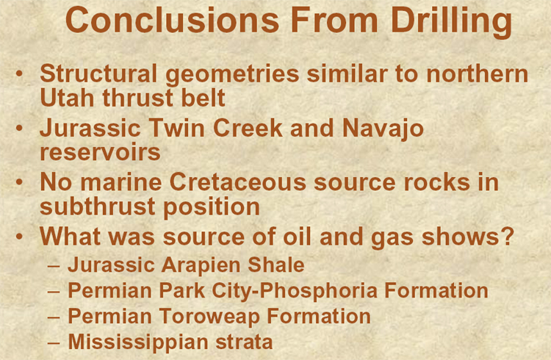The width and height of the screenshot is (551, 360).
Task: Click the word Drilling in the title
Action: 451,22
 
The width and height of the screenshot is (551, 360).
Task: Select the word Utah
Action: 67,98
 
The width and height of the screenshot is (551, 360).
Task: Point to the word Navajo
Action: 383,129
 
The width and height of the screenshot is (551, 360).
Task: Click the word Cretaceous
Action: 238,182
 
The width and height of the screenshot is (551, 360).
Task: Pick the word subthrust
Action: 97,206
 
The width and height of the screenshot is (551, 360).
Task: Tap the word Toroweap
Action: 209,317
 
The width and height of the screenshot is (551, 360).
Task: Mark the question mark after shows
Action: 508,237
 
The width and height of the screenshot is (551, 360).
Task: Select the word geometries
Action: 232,75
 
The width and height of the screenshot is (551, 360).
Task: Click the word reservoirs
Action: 100,152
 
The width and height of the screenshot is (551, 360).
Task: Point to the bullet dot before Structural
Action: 19,73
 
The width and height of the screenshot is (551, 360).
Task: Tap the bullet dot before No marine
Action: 19,182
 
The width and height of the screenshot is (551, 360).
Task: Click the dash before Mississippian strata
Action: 54,343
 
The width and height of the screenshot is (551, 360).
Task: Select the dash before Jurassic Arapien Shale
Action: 54,265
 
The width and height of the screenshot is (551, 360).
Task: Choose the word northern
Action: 478,73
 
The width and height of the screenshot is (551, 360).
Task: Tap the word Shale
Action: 276,264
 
